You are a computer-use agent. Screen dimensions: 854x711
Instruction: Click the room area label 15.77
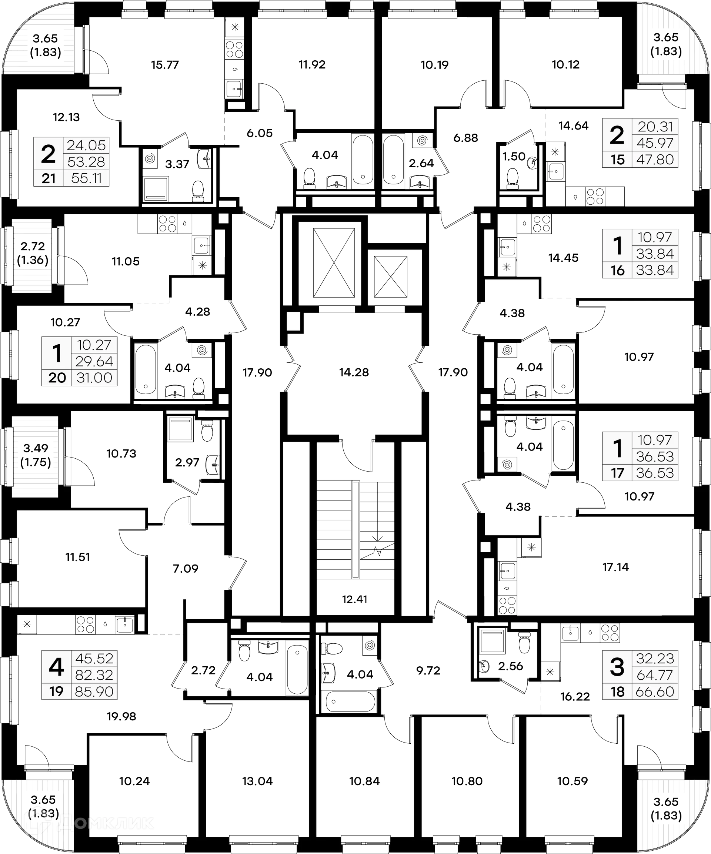[x=165, y=65]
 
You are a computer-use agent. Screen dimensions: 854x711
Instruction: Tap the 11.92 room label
[x=312, y=65]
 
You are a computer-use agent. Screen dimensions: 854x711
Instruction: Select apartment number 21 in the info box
[x=49, y=178]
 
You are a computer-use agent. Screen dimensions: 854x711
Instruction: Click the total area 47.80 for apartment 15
[x=655, y=160]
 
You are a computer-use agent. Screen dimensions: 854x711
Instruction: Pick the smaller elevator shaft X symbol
[x=390, y=276]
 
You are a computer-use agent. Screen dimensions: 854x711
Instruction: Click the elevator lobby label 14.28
[x=354, y=372]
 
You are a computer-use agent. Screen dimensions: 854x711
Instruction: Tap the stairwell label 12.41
[x=355, y=599]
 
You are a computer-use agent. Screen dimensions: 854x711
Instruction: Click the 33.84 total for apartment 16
[x=655, y=270]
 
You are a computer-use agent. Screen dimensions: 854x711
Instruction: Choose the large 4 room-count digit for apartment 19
[x=56, y=667]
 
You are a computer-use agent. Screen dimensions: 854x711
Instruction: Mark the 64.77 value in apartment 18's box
[x=655, y=675]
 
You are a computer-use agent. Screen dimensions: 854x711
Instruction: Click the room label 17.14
[x=615, y=567]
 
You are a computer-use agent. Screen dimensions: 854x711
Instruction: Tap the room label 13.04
[x=257, y=781]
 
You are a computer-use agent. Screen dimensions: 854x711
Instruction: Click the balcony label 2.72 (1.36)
[x=33, y=253]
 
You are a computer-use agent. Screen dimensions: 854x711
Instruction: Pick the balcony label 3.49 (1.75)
[x=36, y=455]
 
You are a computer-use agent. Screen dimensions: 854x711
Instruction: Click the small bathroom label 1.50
[x=514, y=156]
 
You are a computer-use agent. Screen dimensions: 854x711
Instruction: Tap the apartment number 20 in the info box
[x=57, y=378]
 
